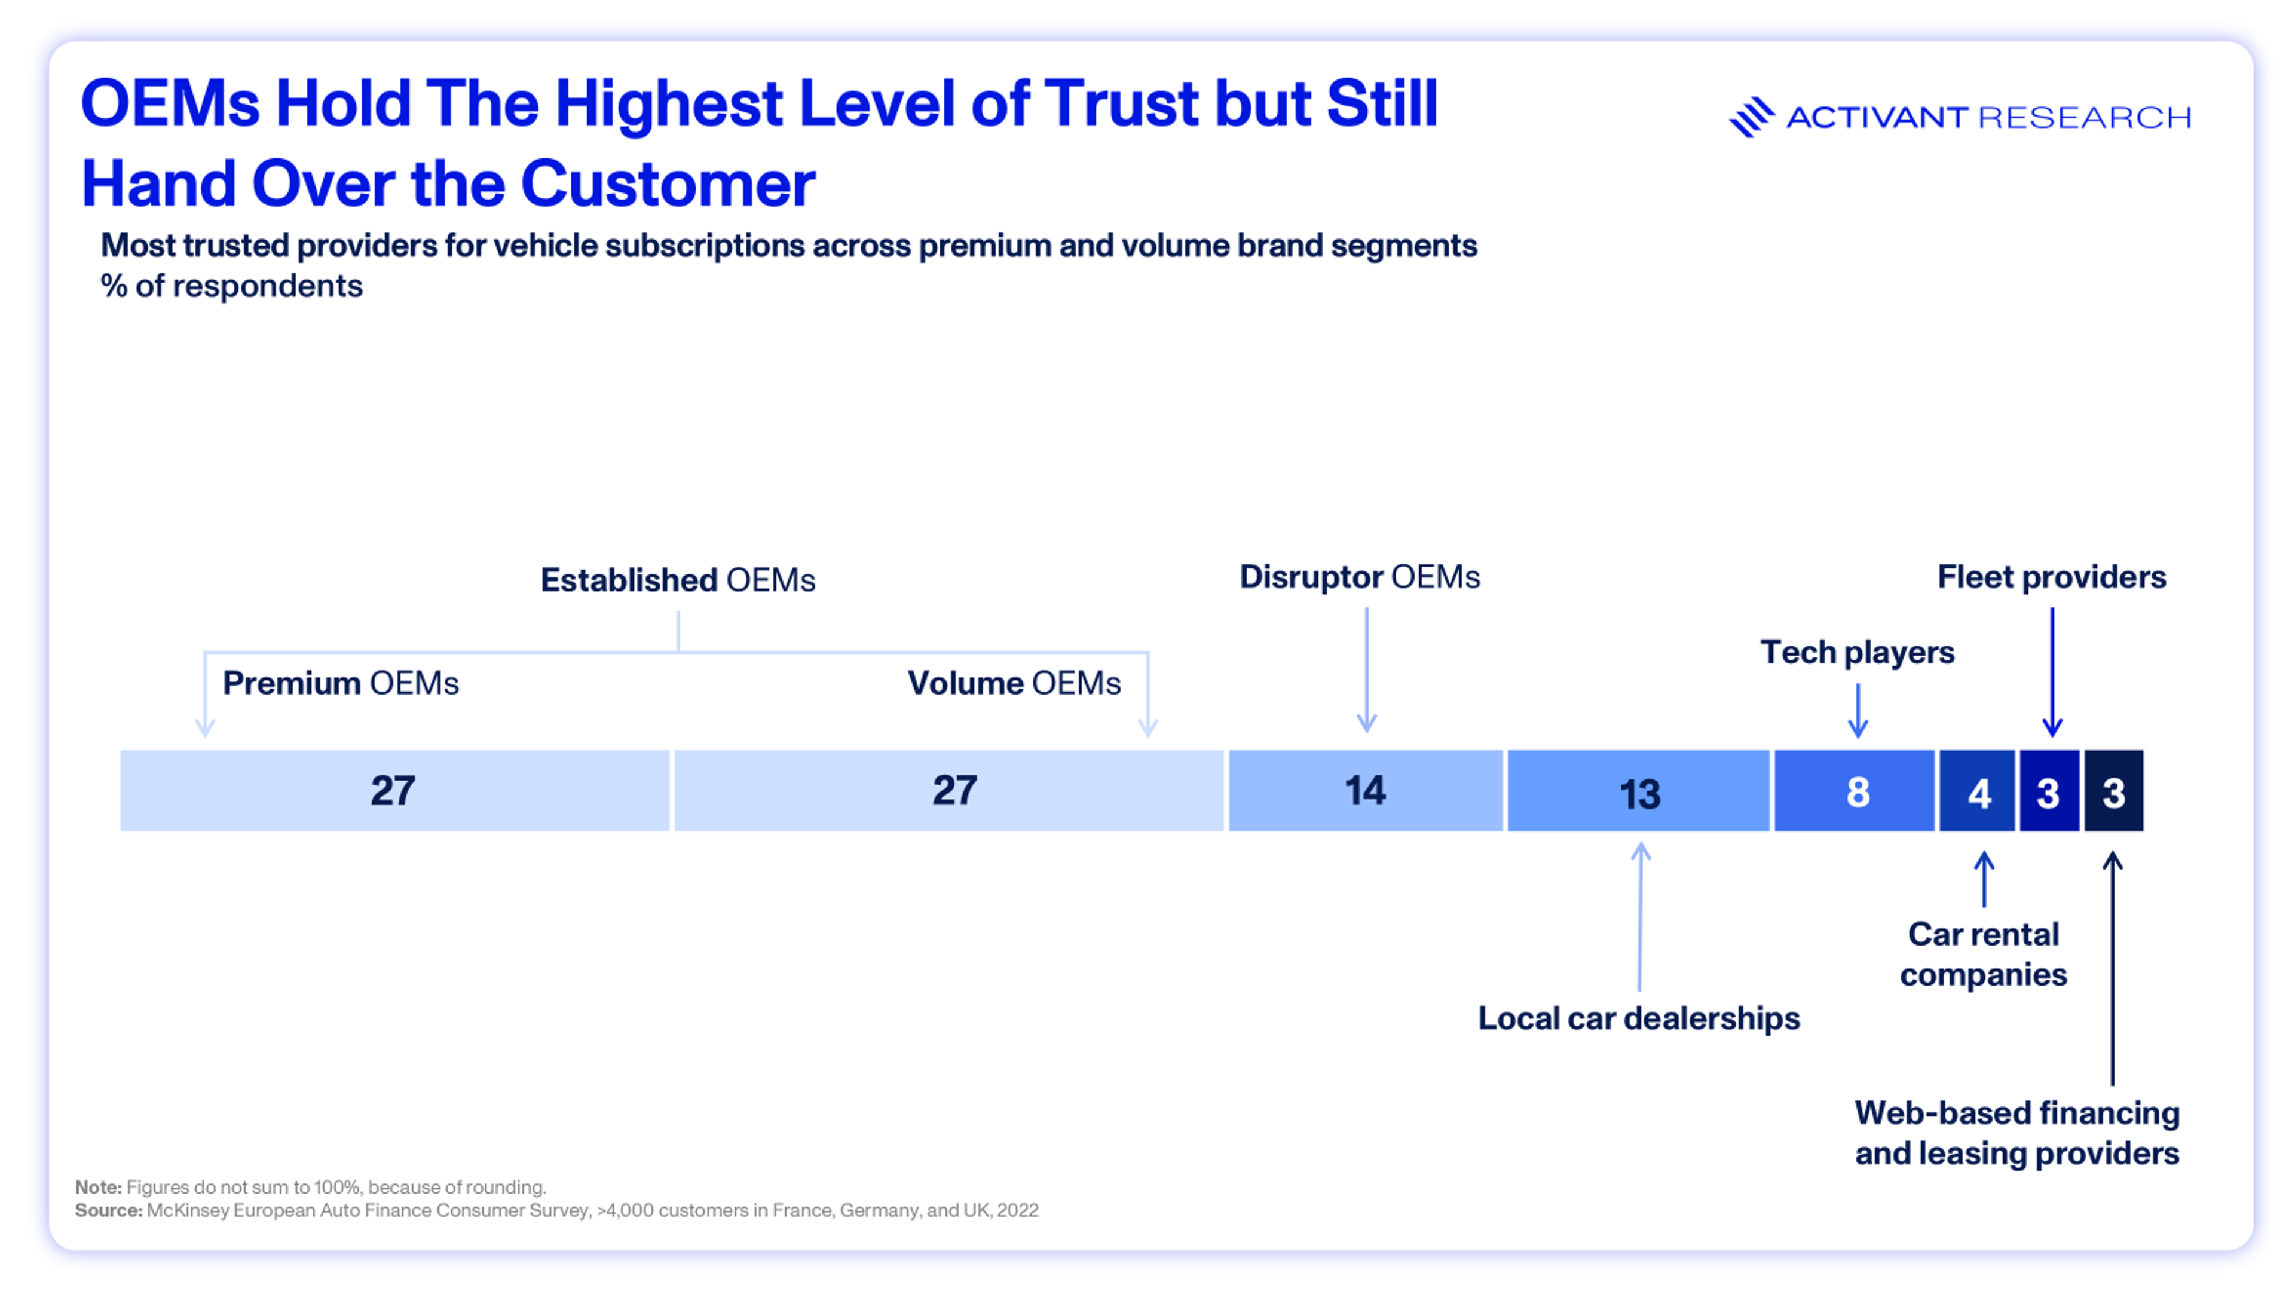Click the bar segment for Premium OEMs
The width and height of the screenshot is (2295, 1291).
(394, 790)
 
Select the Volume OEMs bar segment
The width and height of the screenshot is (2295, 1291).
(949, 790)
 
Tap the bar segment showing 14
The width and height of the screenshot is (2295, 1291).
(1365, 790)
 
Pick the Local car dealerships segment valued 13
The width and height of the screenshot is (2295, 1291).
(1638, 790)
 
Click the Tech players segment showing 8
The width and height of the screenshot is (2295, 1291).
(1855, 790)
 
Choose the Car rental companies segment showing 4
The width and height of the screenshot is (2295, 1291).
(1977, 790)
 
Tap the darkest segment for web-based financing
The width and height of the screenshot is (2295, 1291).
(2113, 790)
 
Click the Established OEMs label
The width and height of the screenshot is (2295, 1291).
(677, 580)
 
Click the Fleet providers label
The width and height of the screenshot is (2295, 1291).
(2052, 577)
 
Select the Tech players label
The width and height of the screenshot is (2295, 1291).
(1858, 652)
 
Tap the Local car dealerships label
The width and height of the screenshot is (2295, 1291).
(1638, 1018)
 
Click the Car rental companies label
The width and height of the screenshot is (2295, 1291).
(1983, 955)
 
